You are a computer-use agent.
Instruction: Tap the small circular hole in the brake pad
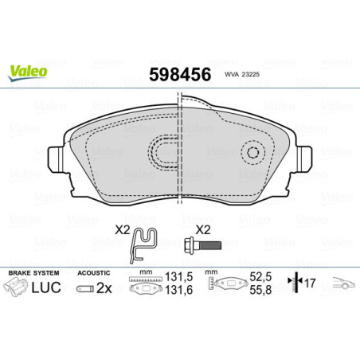[x=254, y=154]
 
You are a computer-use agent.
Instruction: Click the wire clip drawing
[x=143, y=243]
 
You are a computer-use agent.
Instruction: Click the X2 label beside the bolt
[x=203, y=229]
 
